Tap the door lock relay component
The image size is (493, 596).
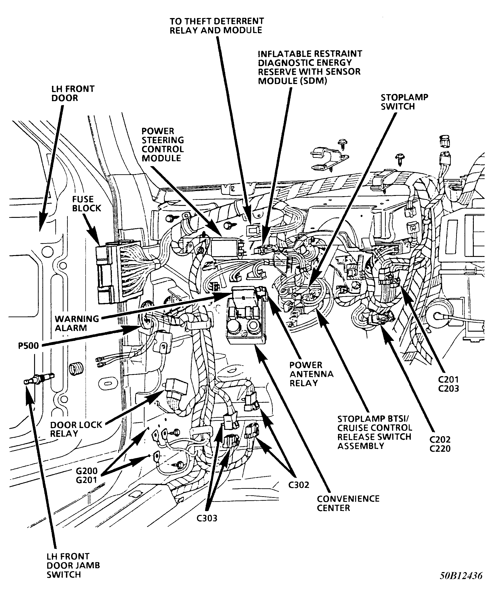coord(176,387)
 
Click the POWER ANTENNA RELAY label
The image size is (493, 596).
coord(311,374)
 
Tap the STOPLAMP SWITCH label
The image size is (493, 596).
coord(404,102)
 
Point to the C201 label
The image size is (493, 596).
coord(448,379)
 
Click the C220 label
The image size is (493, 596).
coord(440,449)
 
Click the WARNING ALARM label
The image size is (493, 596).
coord(77,323)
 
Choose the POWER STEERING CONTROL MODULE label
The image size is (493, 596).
coord(162,144)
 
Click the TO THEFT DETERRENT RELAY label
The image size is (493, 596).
coord(216,26)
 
